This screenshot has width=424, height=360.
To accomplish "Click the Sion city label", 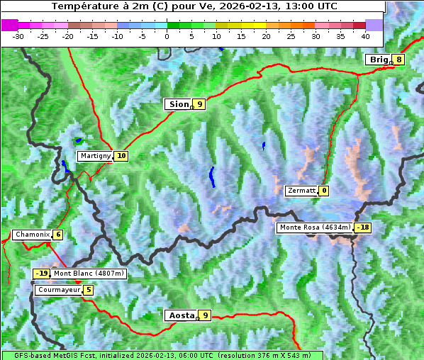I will click(x=178, y=104).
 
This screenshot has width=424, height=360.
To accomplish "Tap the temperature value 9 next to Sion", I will click(x=200, y=104).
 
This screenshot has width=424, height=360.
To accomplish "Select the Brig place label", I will click(x=379, y=60).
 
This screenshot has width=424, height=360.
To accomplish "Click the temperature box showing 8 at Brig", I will click(x=399, y=60).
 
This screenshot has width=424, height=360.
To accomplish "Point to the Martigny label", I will click(x=95, y=156).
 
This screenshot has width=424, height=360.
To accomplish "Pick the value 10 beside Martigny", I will click(x=121, y=156).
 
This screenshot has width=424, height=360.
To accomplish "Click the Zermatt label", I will click(x=301, y=191).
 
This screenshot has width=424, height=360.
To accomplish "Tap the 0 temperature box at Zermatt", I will click(x=324, y=191).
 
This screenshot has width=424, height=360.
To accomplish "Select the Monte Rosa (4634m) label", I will click(x=315, y=227).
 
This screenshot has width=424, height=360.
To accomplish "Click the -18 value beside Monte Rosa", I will click(x=364, y=227).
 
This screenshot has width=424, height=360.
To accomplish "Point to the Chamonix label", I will click(x=31, y=235).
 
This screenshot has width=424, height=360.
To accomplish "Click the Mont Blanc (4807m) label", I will click(x=89, y=274).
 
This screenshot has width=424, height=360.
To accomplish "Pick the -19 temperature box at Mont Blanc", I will click(x=42, y=274).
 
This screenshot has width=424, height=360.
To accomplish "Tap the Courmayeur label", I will click(x=58, y=290).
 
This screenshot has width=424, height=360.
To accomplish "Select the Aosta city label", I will click(x=180, y=315).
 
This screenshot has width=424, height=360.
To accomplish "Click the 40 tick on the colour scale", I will click(x=364, y=35).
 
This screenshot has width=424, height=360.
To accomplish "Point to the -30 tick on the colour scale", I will click(x=18, y=35).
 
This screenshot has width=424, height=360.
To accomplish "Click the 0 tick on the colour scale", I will click(x=167, y=35).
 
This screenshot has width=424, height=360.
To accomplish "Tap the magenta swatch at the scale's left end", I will click(x=9, y=25).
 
